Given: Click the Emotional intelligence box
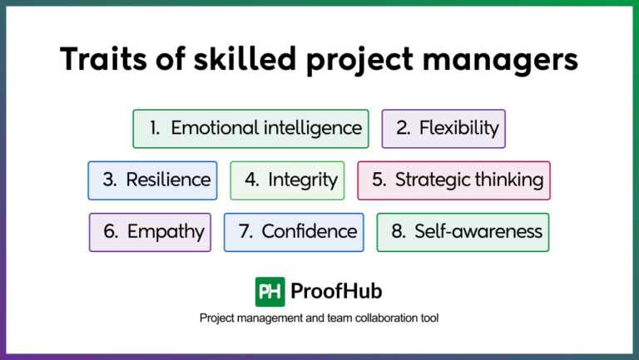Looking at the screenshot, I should click(250, 128).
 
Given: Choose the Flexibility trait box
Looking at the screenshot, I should click(443, 128).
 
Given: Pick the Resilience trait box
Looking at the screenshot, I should click(152, 180).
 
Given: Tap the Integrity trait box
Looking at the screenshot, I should click(287, 180).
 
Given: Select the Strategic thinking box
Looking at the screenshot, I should click(454, 180).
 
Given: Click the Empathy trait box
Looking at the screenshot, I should click(150, 232).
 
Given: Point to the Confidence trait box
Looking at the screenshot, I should click(294, 232).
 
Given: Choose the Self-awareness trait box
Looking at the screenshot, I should click(463, 232).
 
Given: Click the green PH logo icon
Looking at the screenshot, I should click(270, 291).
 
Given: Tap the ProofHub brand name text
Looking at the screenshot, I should click(336, 291).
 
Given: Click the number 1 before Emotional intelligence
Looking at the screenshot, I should click(155, 128).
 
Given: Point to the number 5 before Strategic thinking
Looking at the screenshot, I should click(379, 180).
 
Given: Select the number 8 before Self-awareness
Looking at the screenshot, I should click(399, 232).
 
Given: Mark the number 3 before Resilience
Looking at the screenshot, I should click(110, 180).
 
